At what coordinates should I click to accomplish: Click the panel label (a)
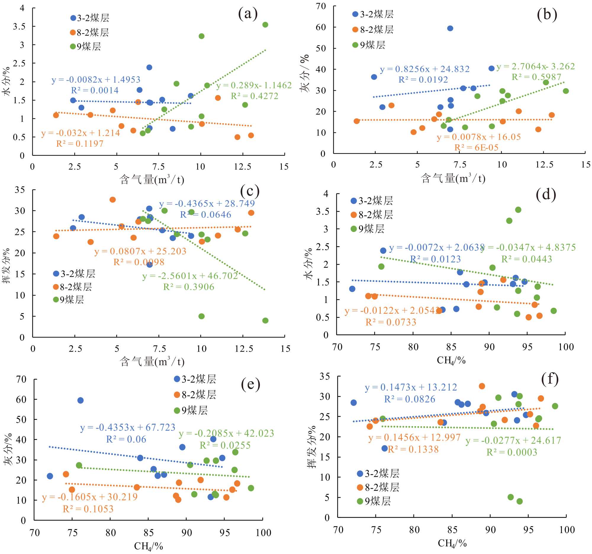pos(248,14)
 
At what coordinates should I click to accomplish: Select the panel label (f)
pos(549,379)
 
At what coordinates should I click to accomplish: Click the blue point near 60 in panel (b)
pos(450,29)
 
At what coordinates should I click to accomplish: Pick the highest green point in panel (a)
pos(265,25)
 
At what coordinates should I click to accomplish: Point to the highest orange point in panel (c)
pos(112,200)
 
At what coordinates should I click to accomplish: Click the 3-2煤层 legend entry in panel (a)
pos(90,18)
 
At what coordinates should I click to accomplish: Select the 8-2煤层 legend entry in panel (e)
pos(195,395)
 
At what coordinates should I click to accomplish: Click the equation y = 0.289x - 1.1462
pos(254,86)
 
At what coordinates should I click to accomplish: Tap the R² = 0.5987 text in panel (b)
pos(536,77)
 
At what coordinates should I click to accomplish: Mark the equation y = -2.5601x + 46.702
pos(190,276)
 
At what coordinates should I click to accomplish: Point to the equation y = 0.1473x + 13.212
pos(411,387)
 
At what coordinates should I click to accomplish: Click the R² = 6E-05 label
pos(476,148)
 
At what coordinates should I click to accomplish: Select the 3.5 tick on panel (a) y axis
pos(19,27)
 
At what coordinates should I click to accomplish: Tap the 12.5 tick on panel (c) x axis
pos(244,349)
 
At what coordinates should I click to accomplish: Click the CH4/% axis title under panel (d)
pos(451,360)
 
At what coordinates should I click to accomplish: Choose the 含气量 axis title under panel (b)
pos(453,178)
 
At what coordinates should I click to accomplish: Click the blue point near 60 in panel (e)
pos(81,400)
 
